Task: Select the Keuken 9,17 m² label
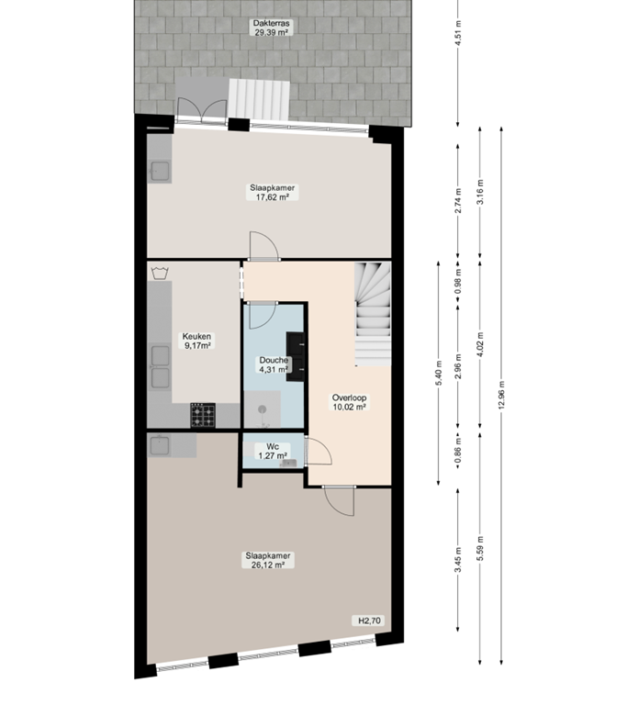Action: pos(197,341)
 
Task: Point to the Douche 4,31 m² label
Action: pos(273,364)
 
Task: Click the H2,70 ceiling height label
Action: pos(369,621)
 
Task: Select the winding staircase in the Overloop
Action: pos(373,311)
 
